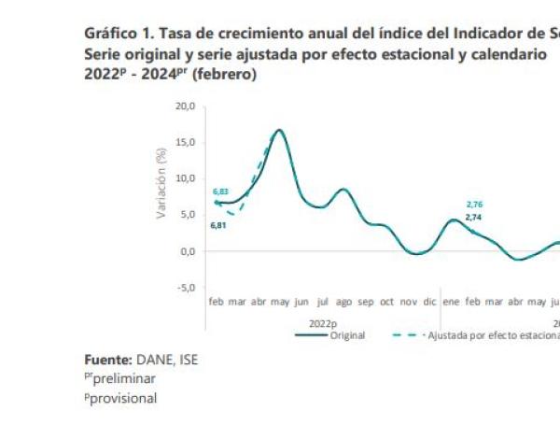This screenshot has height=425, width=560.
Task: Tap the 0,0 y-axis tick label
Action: tap(186, 250)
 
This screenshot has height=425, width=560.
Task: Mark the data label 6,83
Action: tap(220, 191)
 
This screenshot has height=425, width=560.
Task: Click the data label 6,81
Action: tap(218, 225)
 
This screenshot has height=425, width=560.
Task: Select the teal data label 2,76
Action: tap(474, 203)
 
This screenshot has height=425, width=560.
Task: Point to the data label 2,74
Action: tap(474, 217)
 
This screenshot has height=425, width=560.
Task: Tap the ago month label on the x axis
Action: tap(343, 303)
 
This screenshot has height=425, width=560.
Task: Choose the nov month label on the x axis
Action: tap(408, 303)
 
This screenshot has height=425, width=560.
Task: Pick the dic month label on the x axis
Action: tap(429, 303)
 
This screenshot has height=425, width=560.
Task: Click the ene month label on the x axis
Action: tap(452, 303)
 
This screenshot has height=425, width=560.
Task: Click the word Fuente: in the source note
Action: tap(110, 359)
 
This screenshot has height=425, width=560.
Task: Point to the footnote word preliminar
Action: tap(124, 378)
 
